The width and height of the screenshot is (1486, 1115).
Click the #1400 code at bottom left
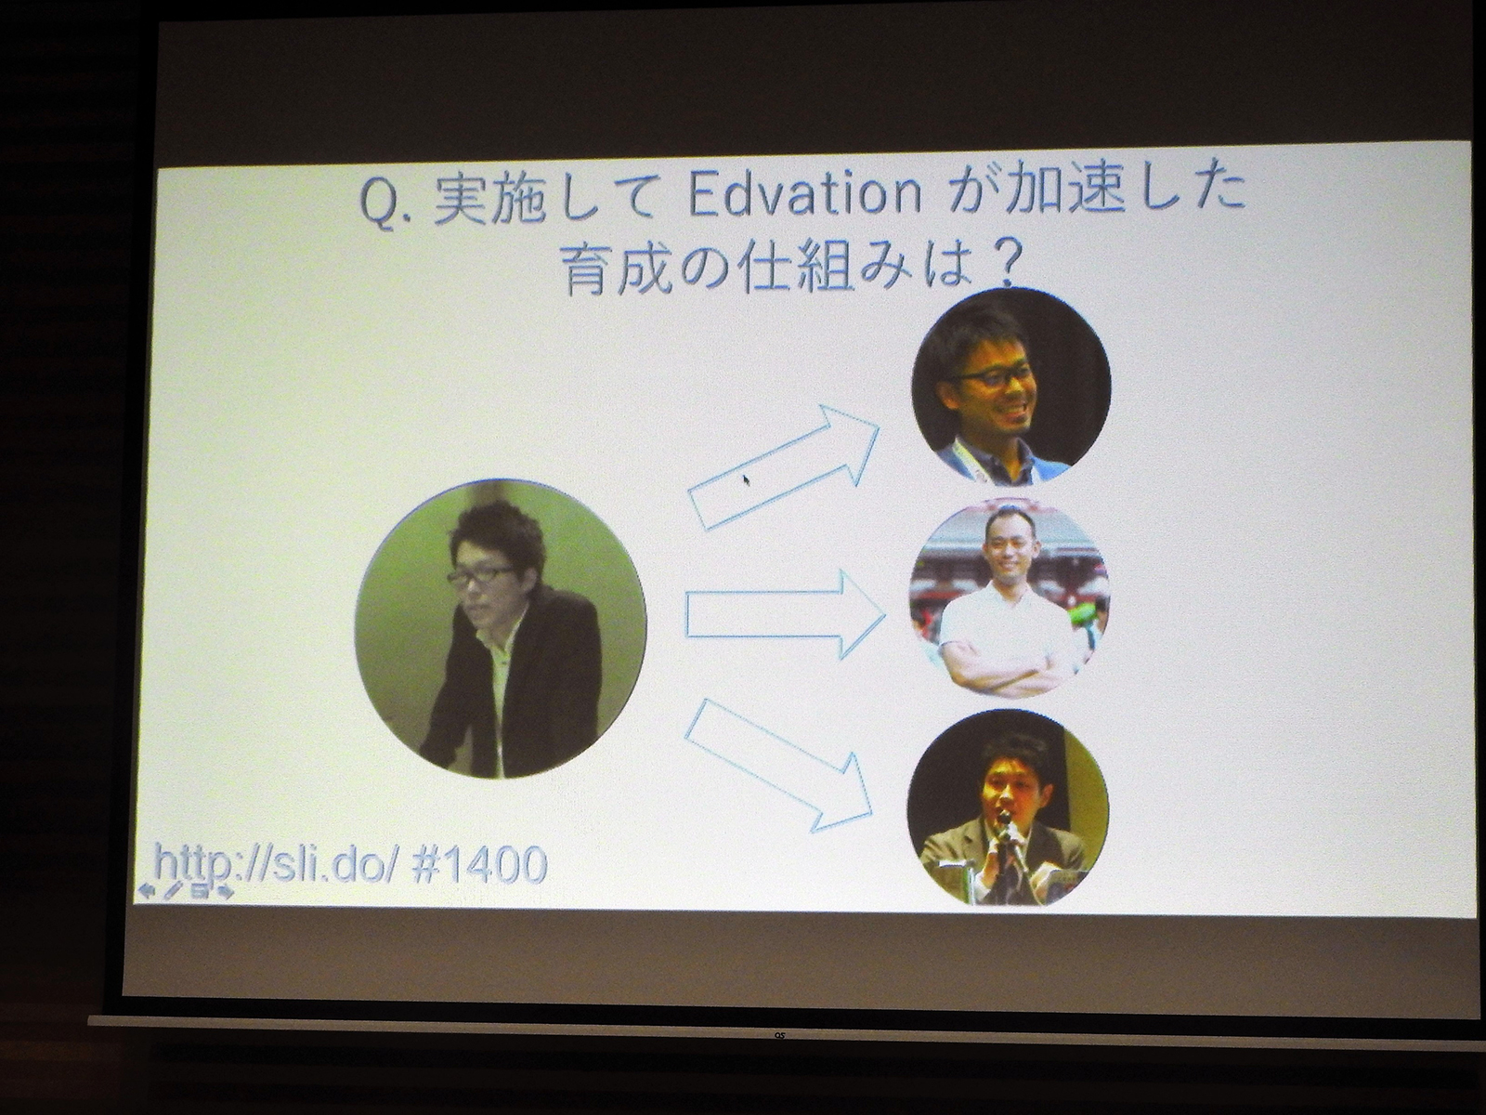click(477, 865)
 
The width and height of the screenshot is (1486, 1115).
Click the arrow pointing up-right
click(785, 469)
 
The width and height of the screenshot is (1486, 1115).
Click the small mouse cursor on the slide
click(745, 480)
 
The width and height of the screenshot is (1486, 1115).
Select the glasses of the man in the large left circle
click(480, 576)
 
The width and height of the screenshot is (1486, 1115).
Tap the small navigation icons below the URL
click(186, 891)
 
